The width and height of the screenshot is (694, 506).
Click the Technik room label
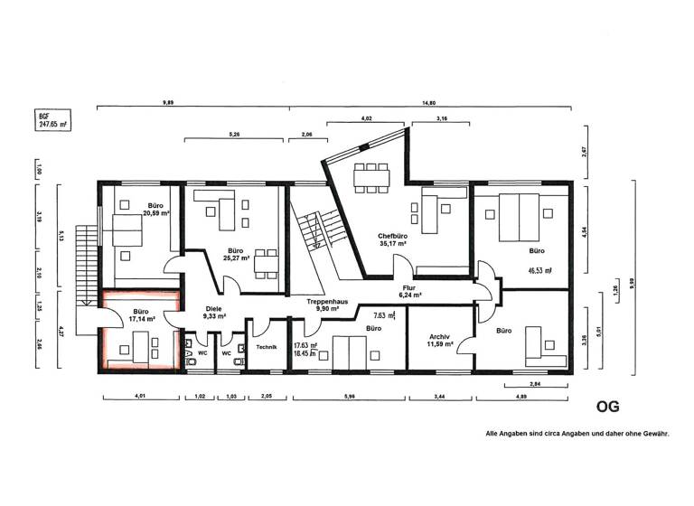tap(266, 347)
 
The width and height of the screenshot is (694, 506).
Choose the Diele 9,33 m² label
tap(214, 312)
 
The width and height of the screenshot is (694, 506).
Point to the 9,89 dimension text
tap(168, 102)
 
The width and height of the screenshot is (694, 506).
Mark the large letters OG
tap(607, 408)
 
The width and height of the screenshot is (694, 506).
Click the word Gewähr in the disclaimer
tap(653, 435)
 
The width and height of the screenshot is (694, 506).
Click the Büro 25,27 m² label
tap(235, 254)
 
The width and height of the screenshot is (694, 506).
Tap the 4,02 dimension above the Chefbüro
tap(366, 117)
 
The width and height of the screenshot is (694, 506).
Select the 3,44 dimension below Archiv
tap(441, 397)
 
